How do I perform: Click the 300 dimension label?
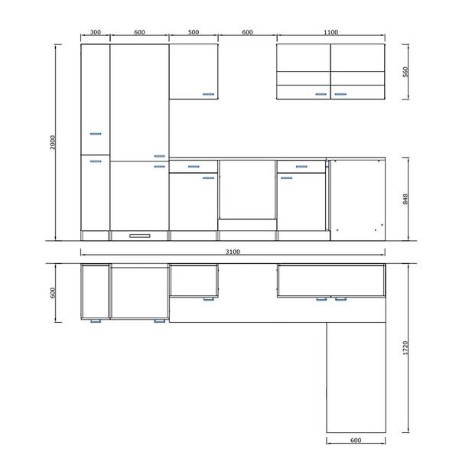click(96, 32)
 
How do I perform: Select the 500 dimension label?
click(194, 32)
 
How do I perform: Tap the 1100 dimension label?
click(330, 32)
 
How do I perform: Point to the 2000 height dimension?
click(53, 142)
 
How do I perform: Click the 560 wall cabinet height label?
click(405, 72)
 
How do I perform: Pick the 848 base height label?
click(405, 199)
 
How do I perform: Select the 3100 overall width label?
click(233, 252)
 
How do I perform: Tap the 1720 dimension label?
click(405, 348)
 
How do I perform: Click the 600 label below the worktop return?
click(356, 441)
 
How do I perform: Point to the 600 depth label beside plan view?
click(53, 293)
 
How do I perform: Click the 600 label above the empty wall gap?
click(247, 32)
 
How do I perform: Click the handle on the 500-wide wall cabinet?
click(209, 94)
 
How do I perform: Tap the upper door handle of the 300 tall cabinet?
click(96, 134)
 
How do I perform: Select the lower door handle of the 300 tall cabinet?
click(96, 161)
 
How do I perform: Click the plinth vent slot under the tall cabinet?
click(140, 236)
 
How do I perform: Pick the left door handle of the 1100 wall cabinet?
click(321, 94)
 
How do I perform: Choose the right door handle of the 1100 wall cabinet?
click(340, 94)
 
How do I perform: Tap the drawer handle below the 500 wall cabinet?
click(194, 167)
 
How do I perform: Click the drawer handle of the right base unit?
click(301, 167)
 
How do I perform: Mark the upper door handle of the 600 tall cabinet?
click(160, 156)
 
